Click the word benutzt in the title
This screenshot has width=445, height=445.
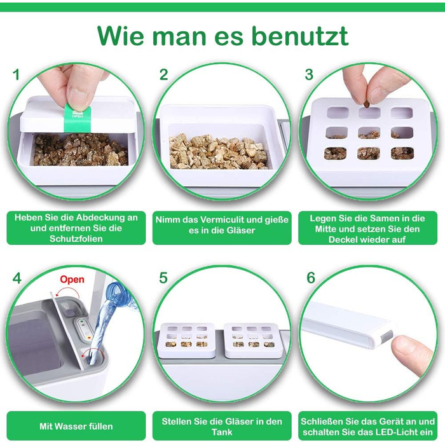tap(300, 36)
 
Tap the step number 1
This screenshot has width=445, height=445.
tap(16, 74)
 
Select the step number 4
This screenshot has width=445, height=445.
tap(17, 278)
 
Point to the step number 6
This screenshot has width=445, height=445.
tap(311, 278)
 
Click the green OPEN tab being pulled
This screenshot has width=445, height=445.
tap(78, 118)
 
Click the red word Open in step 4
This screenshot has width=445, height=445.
tap(72, 279)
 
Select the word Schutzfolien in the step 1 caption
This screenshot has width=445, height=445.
tap(76, 238)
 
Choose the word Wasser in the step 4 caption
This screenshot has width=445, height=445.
tap(71, 427)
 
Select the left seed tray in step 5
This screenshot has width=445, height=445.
tap(188, 339)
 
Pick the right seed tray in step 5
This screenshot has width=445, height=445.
tap(252, 339)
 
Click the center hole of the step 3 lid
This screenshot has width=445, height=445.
tap(369, 132)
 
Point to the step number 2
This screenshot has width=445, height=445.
tap(164, 74)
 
